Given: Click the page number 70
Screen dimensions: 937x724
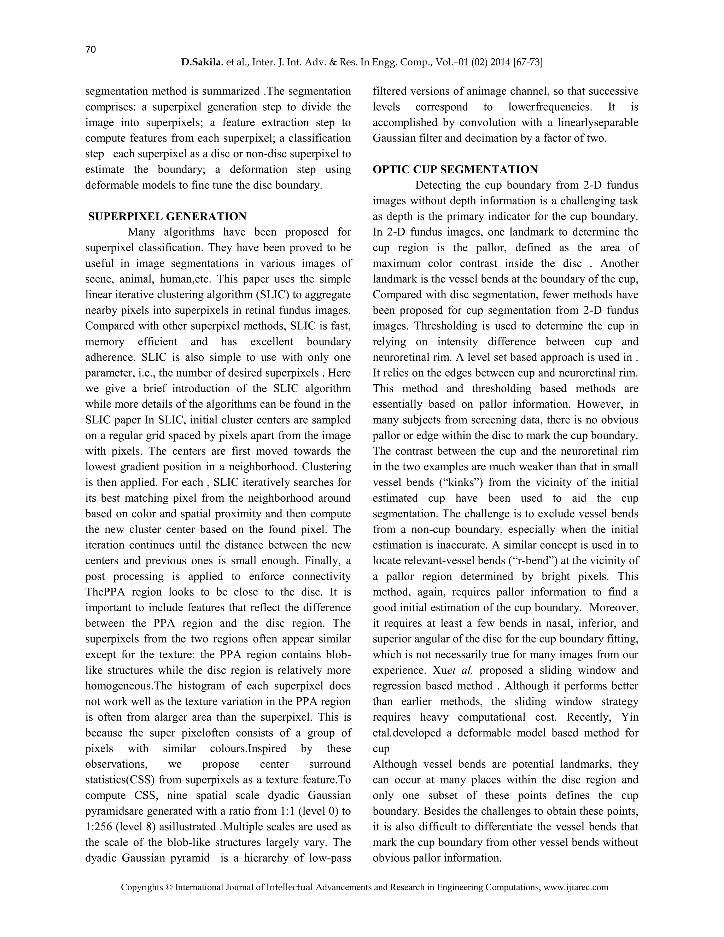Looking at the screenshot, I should (x=90, y=50).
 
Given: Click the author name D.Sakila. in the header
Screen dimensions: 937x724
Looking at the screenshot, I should (x=202, y=63).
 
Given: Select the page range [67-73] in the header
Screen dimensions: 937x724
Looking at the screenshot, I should (x=526, y=63).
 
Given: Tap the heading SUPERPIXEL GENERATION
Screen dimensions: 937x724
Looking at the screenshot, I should (x=167, y=217).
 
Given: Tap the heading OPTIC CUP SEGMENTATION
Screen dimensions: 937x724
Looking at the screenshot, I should (x=455, y=169).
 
